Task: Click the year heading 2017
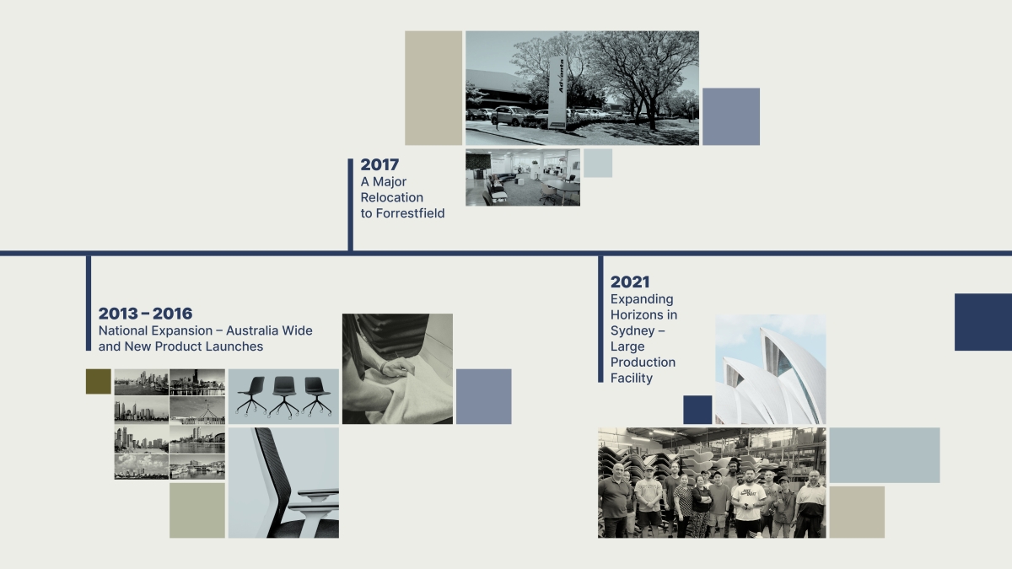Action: (x=379, y=165)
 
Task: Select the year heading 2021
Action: (x=630, y=282)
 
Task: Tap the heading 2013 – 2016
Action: (x=145, y=314)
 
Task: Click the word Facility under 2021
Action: (x=632, y=378)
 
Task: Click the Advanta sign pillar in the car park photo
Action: (x=558, y=93)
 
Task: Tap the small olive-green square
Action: (x=99, y=382)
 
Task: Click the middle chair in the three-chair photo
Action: (x=284, y=396)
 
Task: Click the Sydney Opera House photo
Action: (x=771, y=369)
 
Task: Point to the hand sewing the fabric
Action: (x=396, y=367)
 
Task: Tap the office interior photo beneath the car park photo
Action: (x=523, y=178)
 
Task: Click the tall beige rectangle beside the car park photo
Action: (x=433, y=88)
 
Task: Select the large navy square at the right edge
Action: (x=983, y=322)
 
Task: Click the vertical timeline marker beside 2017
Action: (x=351, y=205)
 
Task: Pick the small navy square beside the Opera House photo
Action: (x=697, y=410)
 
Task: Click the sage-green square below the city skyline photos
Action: (x=197, y=511)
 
